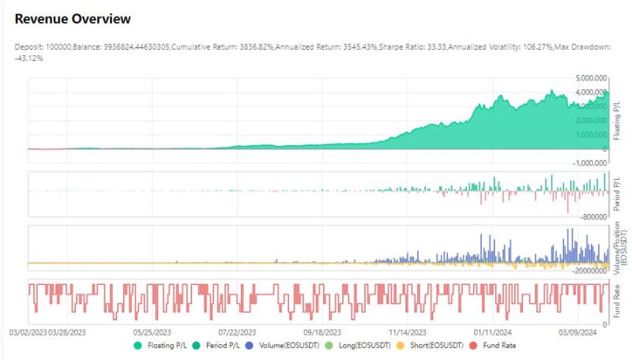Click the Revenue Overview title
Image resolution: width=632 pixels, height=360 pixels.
click(73, 19)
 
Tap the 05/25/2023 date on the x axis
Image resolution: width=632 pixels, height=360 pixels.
click(152, 332)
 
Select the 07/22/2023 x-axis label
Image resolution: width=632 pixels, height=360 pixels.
click(237, 332)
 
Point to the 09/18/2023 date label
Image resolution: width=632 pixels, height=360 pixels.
click(322, 332)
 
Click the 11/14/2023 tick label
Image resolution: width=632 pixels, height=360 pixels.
click(407, 332)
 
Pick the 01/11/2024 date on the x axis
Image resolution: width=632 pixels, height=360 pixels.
click(492, 332)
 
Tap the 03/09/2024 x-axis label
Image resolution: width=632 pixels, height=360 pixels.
click(577, 332)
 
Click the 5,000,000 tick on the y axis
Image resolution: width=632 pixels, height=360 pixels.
click(591, 78)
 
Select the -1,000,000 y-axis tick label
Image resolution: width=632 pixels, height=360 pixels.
click(589, 163)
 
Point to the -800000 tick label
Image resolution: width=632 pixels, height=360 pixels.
click(594, 217)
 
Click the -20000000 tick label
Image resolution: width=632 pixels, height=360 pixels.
click(589, 271)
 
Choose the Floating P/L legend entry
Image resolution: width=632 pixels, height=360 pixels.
click(160, 346)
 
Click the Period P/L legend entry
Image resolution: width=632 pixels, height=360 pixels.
click(216, 346)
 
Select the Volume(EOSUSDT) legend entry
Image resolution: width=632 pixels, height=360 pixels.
click(282, 346)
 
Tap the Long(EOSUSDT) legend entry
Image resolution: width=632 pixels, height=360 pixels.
click(358, 346)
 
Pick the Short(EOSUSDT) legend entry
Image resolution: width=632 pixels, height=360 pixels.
click(430, 346)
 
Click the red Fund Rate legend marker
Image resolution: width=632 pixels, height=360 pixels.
click(473, 346)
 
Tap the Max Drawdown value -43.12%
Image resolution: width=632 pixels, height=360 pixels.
click(28, 58)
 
